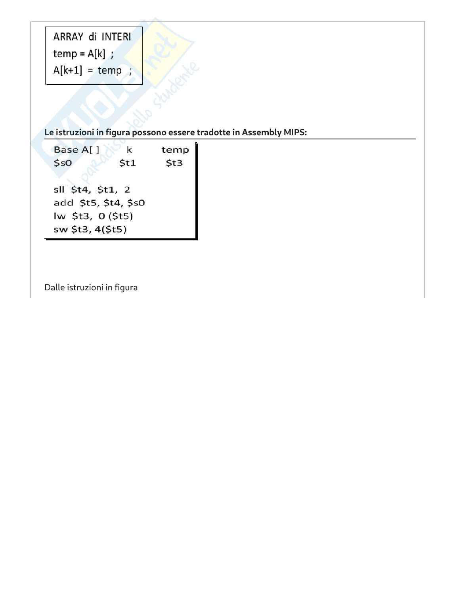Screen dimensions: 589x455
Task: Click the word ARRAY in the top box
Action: pyautogui.click(x=68, y=37)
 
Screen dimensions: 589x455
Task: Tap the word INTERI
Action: pyautogui.click(x=116, y=37)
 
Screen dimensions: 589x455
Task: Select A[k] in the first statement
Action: pyautogui.click(x=97, y=54)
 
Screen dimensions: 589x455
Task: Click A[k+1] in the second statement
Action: pyautogui.click(x=68, y=71)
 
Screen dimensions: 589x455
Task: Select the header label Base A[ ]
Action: pyautogui.click(x=76, y=150)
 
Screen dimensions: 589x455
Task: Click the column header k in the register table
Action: pyautogui.click(x=129, y=150)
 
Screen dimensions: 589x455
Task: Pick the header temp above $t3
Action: pyautogui.click(x=175, y=150)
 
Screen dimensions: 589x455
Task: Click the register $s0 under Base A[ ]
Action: pyautogui.click(x=63, y=163)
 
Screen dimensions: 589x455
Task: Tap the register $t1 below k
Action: pyautogui.click(x=128, y=163)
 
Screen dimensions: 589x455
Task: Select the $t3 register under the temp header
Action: pyautogui.click(x=174, y=163)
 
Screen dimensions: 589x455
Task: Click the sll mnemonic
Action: pyautogui.click(x=59, y=190)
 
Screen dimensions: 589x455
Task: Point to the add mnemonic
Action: pyautogui.click(x=63, y=203)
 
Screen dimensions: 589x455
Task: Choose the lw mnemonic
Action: pyautogui.click(x=59, y=216)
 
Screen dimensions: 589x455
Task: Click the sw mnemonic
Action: pyautogui.click(x=60, y=229)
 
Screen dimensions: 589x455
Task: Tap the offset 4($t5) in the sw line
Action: pyautogui.click(x=111, y=229)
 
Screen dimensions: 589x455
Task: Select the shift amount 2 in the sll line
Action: pyautogui.click(x=127, y=190)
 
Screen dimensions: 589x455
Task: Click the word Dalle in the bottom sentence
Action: pyautogui.click(x=54, y=288)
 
